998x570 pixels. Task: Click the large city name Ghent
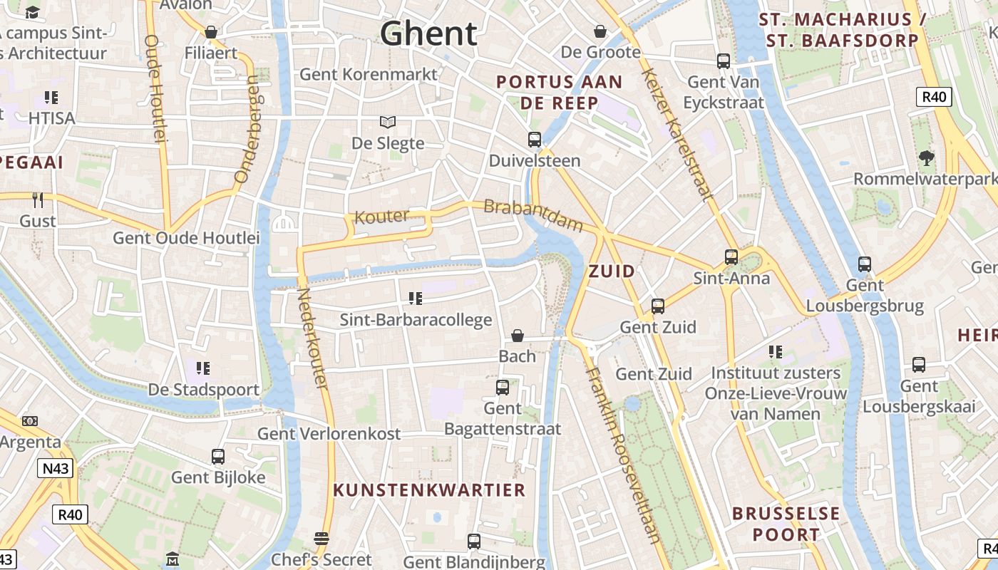pos(428,33)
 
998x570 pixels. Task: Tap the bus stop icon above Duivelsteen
pos(535,140)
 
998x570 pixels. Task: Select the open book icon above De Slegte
pos(388,123)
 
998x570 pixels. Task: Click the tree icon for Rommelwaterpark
pos(926,158)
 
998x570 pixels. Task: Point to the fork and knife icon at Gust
pos(38,200)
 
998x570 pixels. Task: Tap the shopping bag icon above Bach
pos(518,336)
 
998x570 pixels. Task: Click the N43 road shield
pos(55,468)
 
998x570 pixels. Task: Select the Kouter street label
pos(382,217)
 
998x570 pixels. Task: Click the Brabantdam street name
pos(533,215)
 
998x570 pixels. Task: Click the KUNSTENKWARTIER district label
pos(430,490)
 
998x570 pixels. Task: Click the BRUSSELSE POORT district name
pos(786,524)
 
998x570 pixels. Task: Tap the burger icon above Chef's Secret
pos(321,539)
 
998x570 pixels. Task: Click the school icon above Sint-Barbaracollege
pos(416,299)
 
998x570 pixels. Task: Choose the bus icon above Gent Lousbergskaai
pos(919,365)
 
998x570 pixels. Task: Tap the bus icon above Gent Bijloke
pos(218,457)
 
